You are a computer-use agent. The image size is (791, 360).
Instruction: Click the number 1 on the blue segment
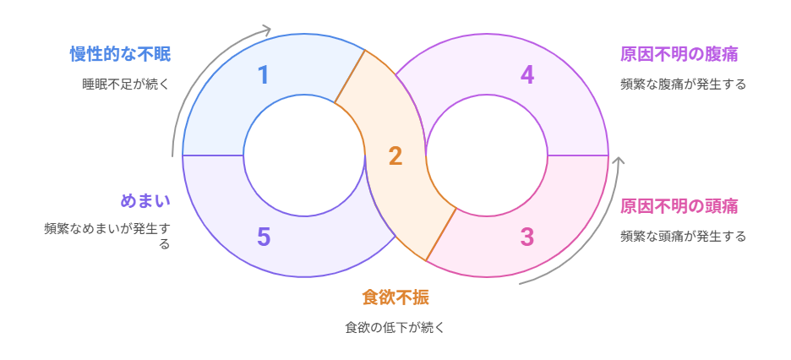(x=264, y=75)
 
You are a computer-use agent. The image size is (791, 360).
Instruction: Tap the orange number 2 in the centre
(x=395, y=155)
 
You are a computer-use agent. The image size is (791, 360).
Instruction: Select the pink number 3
(x=526, y=237)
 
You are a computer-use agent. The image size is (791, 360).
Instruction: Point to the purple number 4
(x=526, y=75)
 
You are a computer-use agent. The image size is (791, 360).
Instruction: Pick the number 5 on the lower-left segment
(x=264, y=237)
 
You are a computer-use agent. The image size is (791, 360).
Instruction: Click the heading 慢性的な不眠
(x=120, y=54)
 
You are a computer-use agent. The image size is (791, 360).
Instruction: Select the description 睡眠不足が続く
(x=126, y=84)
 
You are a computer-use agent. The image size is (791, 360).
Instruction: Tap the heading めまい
(x=145, y=201)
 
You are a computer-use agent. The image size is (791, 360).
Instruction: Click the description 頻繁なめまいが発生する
(x=107, y=235)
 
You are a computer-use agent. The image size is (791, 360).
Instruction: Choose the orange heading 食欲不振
(x=395, y=297)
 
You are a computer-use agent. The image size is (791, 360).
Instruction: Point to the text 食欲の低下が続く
(x=395, y=327)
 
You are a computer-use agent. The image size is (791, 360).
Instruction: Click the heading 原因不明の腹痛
(x=679, y=54)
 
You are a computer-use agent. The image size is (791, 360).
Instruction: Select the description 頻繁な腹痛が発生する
(x=683, y=84)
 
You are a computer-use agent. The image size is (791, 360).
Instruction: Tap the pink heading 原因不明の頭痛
(x=679, y=206)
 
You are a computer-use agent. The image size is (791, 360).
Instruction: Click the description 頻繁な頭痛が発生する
(x=683, y=236)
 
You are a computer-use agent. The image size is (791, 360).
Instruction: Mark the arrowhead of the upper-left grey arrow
(x=267, y=31)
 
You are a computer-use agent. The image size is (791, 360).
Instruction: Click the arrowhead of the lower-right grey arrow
(x=619, y=161)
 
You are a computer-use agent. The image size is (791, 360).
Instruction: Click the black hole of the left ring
(x=304, y=155)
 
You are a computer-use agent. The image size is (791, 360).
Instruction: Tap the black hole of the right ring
(x=487, y=155)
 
